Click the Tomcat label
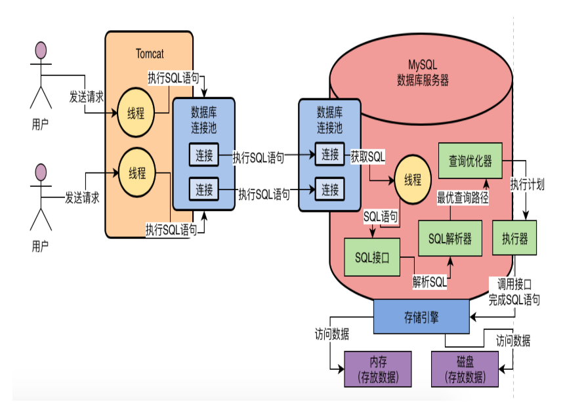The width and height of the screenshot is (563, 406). click(x=150, y=54)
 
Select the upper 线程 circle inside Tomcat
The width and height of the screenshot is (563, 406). click(x=136, y=113)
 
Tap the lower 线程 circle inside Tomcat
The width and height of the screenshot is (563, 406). click(x=137, y=173)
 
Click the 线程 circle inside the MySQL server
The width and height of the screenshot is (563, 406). click(x=413, y=180)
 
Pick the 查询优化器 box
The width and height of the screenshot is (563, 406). click(x=470, y=161)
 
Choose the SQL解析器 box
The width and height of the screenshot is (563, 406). click(x=450, y=238)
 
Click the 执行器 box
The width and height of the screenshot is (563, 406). click(x=514, y=238)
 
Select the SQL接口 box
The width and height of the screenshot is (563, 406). click(x=372, y=257)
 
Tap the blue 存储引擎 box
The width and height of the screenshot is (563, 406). click(x=421, y=317)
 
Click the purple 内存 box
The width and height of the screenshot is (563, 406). click(x=378, y=369)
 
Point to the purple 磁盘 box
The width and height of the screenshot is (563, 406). click(x=465, y=369)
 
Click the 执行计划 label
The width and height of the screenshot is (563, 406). click(x=528, y=184)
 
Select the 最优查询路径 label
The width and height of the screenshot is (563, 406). click(x=463, y=198)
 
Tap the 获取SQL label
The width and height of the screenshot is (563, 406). click(x=367, y=157)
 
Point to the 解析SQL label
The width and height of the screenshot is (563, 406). click(x=430, y=282)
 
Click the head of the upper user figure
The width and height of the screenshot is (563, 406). click(x=41, y=51)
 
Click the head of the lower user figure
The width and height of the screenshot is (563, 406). click(x=41, y=173)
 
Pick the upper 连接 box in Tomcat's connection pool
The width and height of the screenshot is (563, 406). click(x=204, y=155)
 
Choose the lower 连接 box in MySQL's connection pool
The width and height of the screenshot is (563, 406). click(x=329, y=189)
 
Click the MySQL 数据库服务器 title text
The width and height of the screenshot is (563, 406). click(x=423, y=73)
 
